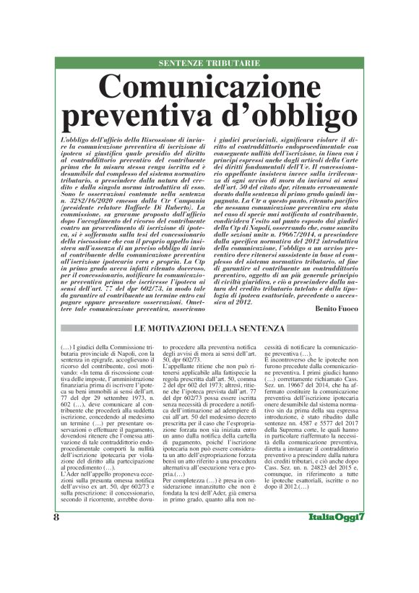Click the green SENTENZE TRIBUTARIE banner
209,64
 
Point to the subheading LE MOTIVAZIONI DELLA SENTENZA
209,329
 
